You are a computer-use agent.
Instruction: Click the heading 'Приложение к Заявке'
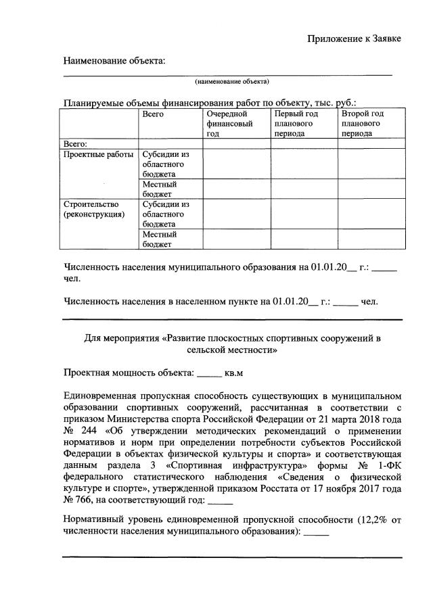click(x=355, y=39)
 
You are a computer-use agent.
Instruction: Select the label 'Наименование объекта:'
click(x=114, y=62)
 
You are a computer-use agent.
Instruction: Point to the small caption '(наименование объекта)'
click(x=232, y=82)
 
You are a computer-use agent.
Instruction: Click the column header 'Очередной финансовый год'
click(x=230, y=124)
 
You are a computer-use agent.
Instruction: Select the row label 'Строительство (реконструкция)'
click(x=93, y=209)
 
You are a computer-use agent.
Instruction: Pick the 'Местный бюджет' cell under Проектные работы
click(x=160, y=189)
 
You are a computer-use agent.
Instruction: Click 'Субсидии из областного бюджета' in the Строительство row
click(x=166, y=214)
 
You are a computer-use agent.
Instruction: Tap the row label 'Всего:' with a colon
click(x=75, y=143)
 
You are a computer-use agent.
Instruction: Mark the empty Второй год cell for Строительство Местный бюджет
click(x=371, y=239)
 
